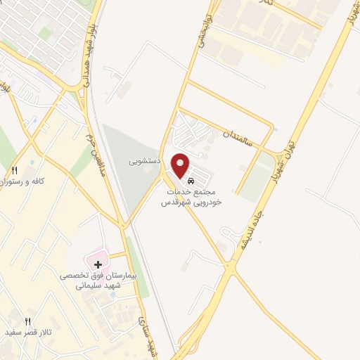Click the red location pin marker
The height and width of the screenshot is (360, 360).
[x=181, y=165]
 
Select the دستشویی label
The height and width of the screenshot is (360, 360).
[x=145, y=161]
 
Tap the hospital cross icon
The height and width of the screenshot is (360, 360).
[x=98, y=264]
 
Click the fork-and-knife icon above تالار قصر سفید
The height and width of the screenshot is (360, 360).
[x=29, y=321]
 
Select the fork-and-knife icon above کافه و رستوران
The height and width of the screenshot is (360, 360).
[x=14, y=171]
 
